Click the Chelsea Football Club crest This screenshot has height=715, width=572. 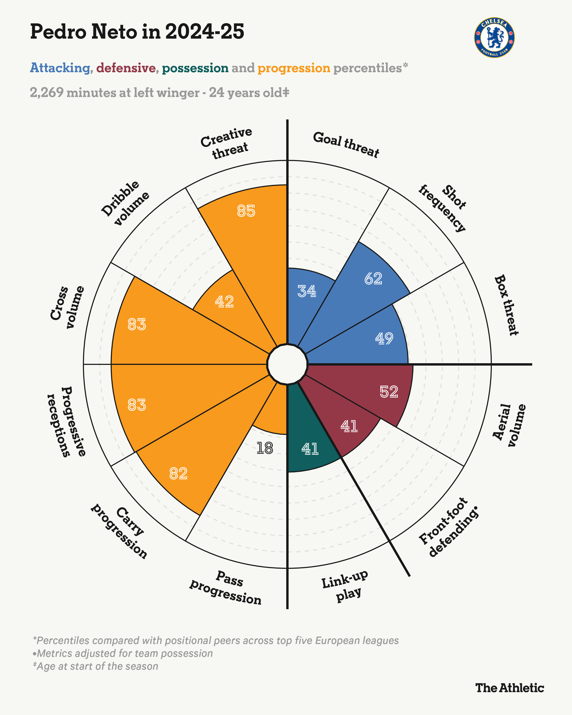click(x=494, y=37)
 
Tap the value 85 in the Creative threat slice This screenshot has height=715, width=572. click(x=246, y=211)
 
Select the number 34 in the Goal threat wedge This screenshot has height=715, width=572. click(x=307, y=291)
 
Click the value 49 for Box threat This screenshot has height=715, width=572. click(x=384, y=338)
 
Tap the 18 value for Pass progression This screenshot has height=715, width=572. click(x=265, y=448)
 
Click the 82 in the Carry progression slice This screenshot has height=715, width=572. click(x=179, y=474)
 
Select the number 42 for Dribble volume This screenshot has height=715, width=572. click(x=224, y=301)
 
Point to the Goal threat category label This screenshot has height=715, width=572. click(x=346, y=144)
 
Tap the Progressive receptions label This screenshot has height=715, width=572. click(x=66, y=422)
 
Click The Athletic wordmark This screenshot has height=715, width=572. click(x=510, y=688)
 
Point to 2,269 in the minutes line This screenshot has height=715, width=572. click(x=46, y=92)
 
